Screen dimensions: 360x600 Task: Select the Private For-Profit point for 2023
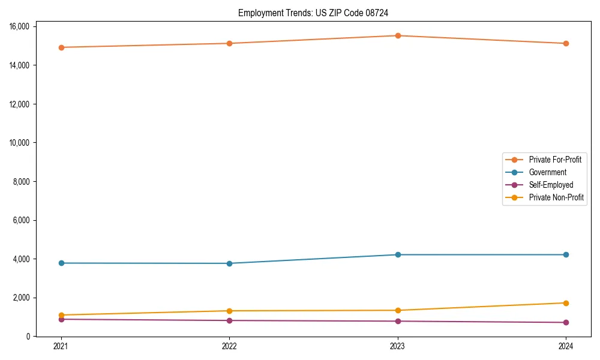tap(397, 35)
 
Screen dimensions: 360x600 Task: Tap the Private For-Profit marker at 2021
tap(61, 47)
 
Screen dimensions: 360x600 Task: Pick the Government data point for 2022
tap(229, 263)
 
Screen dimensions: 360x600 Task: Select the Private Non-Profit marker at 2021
tap(61, 315)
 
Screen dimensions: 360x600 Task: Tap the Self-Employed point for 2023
tap(397, 321)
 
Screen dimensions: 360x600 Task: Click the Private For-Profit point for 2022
tap(229, 43)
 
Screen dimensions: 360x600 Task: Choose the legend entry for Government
tap(547, 172)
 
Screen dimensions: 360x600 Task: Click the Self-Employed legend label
tap(551, 185)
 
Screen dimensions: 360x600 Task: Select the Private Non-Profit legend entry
tap(556, 197)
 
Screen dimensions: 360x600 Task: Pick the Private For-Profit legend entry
tap(554, 160)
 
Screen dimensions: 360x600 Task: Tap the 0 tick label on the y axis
tap(28, 337)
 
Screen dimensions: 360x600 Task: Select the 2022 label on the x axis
tap(229, 346)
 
